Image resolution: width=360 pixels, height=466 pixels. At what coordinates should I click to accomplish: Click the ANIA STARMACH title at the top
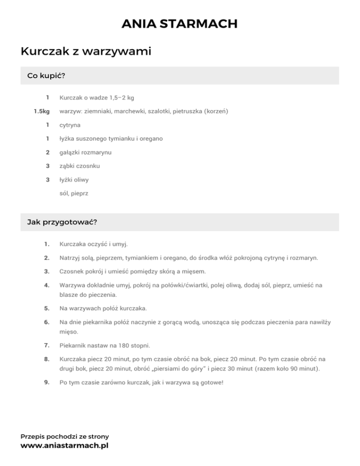(180, 23)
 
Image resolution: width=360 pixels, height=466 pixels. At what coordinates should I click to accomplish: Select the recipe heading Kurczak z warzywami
(86, 51)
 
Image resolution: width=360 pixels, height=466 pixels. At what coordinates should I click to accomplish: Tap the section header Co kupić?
(46, 75)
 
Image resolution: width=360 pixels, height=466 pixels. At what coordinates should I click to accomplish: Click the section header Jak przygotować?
(62, 222)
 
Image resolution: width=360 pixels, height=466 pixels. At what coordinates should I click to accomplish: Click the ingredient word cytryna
(70, 125)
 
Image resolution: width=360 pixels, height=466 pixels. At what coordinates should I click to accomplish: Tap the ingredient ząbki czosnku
(79, 166)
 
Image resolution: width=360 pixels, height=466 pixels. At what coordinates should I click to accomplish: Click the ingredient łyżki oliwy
(75, 180)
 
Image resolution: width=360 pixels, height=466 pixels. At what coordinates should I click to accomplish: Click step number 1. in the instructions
(47, 244)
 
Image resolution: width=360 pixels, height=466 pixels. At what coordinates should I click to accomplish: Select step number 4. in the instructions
(47, 285)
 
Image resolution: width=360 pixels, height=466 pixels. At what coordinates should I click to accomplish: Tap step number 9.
(47, 382)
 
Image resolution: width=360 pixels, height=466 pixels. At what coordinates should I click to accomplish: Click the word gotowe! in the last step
(211, 382)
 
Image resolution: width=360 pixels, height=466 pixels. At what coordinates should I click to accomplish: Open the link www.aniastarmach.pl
(64, 445)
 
